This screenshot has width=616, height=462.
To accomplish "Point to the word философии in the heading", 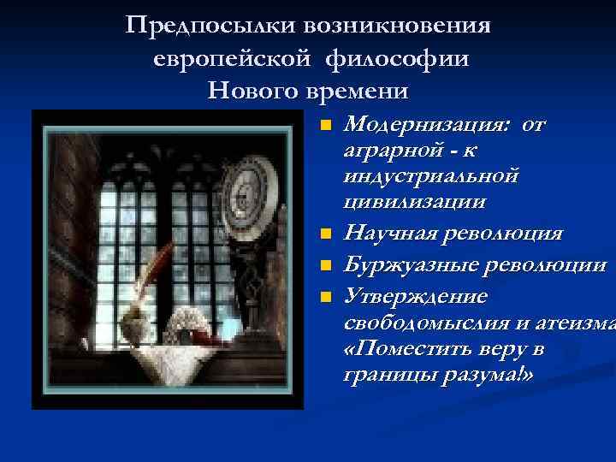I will [x=400, y=57].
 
